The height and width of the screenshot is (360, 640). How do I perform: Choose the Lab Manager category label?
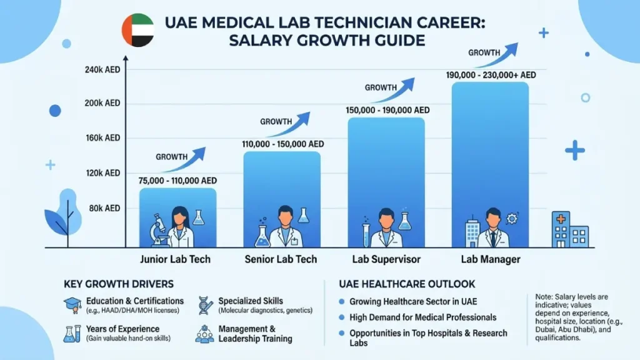tap(490, 259)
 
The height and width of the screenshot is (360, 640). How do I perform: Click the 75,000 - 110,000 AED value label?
tap(177, 181)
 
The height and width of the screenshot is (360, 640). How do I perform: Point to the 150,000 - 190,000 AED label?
tap(387, 110)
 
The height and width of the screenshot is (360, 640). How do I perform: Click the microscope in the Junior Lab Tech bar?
tap(159, 229)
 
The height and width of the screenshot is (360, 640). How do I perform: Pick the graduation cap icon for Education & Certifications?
tap(72, 304)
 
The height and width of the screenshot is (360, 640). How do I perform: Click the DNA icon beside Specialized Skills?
tap(206, 304)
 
